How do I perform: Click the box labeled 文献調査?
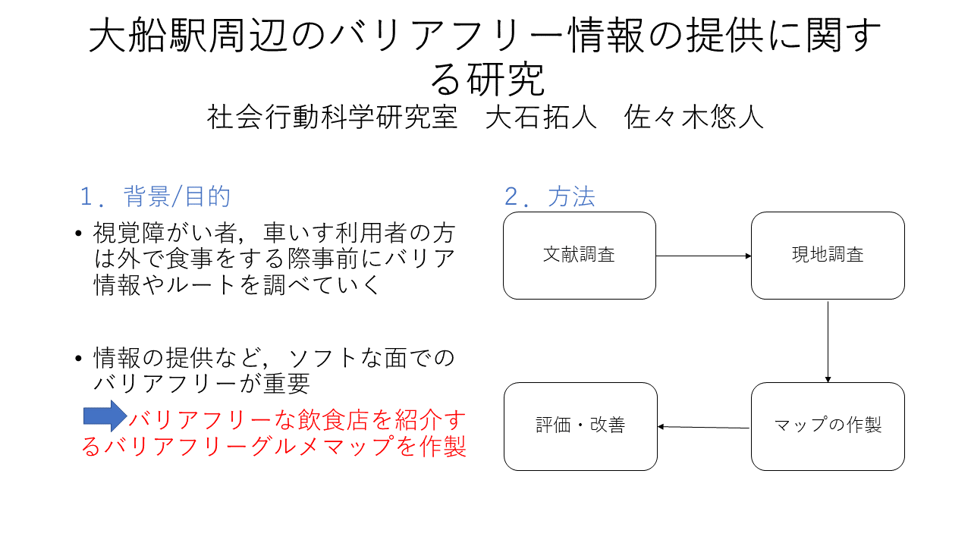(579, 256)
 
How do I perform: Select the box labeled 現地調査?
(828, 256)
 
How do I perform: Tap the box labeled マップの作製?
(828, 426)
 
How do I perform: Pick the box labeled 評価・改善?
(580, 426)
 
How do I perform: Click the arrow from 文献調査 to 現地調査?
(703, 256)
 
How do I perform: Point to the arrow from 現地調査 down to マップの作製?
(828, 342)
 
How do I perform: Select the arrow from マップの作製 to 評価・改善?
(703, 427)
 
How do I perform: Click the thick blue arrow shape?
(105, 416)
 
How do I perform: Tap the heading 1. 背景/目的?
(156, 196)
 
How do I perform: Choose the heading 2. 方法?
(550, 196)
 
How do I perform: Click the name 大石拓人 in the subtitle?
(541, 117)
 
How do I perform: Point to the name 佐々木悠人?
(694, 117)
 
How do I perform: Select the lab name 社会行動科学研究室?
(332, 117)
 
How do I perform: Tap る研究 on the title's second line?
(487, 79)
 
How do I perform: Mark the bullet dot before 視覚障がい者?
(78, 234)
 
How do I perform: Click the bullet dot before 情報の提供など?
(78, 359)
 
